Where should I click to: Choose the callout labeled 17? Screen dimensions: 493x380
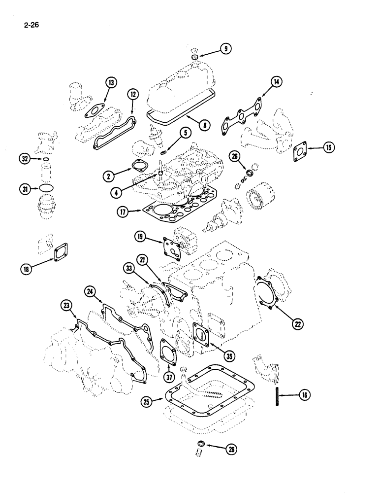[x=123, y=212]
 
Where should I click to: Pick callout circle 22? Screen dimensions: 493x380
[x=297, y=323]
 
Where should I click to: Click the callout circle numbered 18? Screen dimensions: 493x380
[x=26, y=269]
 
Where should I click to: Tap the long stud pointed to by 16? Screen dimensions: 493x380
[x=278, y=394]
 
